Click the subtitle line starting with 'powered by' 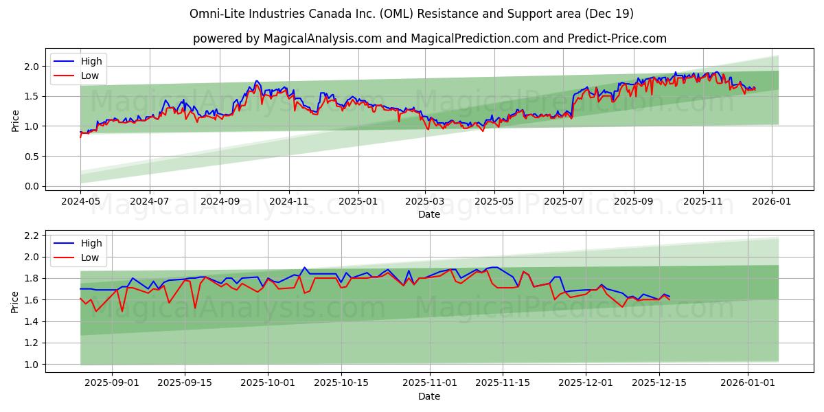coord(429,38)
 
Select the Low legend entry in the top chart coord(90,76)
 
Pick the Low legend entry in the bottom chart coord(90,257)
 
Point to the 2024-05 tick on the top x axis coord(80,202)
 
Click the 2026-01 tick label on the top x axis coord(772,202)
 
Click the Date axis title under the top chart coord(429,214)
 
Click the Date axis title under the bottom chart coord(429,396)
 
